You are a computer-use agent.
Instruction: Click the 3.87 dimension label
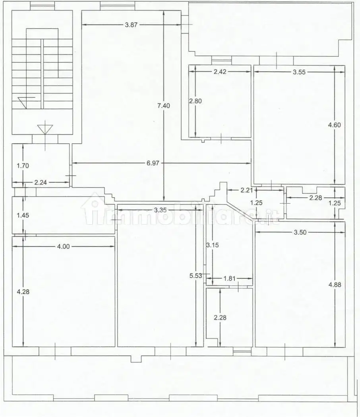pyautogui.click(x=131, y=25)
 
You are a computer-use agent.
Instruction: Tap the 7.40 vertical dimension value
pyautogui.click(x=164, y=106)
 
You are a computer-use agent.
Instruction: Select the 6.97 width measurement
pyautogui.click(x=153, y=163)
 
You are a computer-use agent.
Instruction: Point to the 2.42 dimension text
pyautogui.click(x=220, y=71)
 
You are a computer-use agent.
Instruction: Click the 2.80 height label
pyautogui.click(x=195, y=101)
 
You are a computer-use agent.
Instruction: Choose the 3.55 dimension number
pyautogui.click(x=299, y=72)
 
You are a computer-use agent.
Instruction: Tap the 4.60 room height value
pyautogui.click(x=335, y=125)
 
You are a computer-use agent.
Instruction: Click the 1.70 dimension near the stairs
pyautogui.click(x=23, y=166)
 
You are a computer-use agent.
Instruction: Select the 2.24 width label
pyautogui.click(x=41, y=182)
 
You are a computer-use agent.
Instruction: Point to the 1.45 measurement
pyautogui.click(x=23, y=215)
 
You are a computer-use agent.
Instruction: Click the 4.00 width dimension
pyautogui.click(x=63, y=247)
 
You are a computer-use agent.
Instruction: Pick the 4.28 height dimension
pyautogui.click(x=23, y=292)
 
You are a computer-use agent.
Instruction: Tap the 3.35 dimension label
pyautogui.click(x=160, y=210)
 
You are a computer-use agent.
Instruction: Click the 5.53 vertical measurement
pyautogui.click(x=196, y=276)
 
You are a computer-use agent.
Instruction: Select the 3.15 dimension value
pyautogui.click(x=213, y=245)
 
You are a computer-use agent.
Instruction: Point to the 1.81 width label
pyautogui.click(x=229, y=278)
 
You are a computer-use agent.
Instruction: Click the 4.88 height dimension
pyautogui.click(x=335, y=285)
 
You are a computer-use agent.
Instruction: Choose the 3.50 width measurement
pyautogui.click(x=300, y=232)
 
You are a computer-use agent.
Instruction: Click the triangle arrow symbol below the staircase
pyautogui.click(x=45, y=129)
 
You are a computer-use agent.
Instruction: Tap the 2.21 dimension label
pyautogui.click(x=247, y=190)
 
